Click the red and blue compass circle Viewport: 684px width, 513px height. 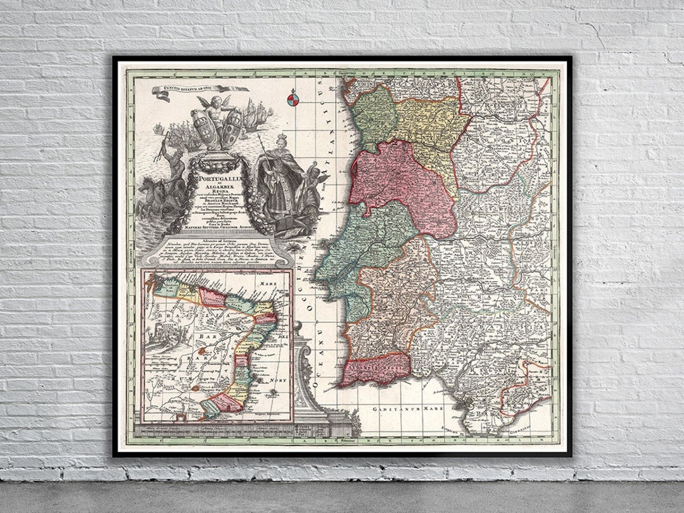tap(293, 98)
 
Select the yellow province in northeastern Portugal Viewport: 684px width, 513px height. tap(431, 130)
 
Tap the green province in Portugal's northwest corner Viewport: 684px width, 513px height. tap(374, 111)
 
